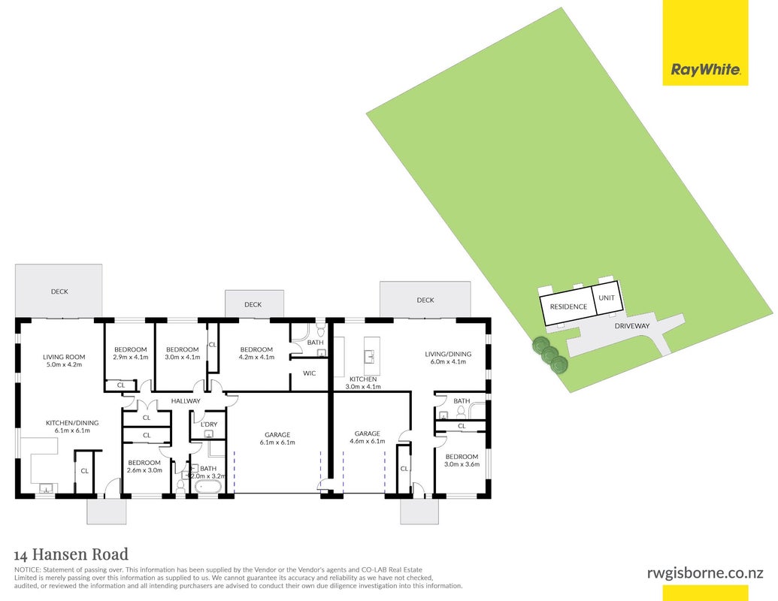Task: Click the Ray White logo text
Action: point(706,69)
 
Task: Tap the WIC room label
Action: point(309,373)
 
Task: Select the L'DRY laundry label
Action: point(209,424)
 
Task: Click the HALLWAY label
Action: point(186,400)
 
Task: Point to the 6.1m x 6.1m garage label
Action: point(277,439)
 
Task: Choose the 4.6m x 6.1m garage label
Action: point(367,437)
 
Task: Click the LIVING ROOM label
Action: point(64,361)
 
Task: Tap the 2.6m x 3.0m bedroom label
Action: point(144,467)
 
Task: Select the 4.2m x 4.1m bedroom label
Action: point(256,353)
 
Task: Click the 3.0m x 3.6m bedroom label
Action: point(462,461)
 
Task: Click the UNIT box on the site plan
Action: point(607,297)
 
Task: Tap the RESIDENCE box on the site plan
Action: point(568,307)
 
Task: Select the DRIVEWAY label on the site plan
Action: point(631,326)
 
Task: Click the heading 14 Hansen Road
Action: point(71,554)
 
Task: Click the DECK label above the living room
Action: point(59,291)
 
